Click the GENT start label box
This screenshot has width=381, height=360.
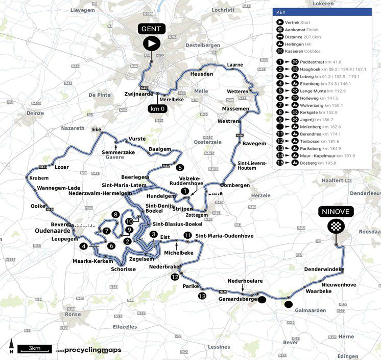(151, 29)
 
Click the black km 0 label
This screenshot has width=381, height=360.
(161, 109)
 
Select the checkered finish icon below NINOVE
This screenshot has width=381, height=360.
(337, 226)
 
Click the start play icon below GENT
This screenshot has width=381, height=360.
(151, 44)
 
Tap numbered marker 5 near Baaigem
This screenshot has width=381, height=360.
(179, 167)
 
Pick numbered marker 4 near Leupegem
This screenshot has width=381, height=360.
(83, 246)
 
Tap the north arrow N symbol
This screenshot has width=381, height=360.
(11, 347)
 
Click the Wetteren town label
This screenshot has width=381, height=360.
(237, 91)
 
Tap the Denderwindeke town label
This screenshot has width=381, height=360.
(324, 269)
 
